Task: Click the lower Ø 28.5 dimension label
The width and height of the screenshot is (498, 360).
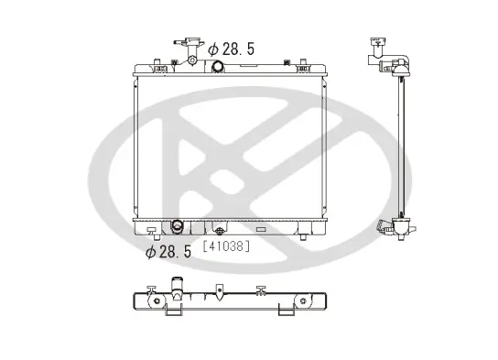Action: (168, 251)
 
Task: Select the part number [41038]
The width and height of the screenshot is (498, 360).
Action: (224, 245)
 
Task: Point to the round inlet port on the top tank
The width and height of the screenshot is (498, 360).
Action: (218, 67)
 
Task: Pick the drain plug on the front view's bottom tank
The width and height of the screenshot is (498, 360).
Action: (219, 229)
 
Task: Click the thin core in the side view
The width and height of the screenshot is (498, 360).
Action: (402, 147)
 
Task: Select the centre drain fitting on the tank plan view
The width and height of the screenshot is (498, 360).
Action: (219, 292)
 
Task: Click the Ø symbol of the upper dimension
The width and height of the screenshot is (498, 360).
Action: (212, 49)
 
